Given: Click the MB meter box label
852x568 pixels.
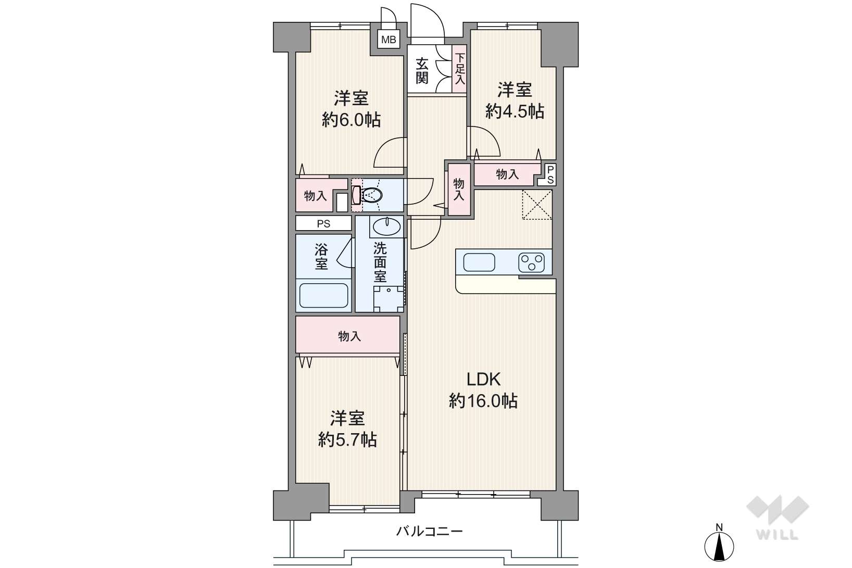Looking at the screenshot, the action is [x=389, y=39].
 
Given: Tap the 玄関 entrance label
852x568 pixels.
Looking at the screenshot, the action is [x=422, y=71].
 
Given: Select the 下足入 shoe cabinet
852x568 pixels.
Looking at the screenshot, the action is [x=459, y=69].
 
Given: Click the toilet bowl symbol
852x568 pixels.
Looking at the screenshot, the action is [x=368, y=195].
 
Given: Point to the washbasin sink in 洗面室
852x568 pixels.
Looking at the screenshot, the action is [x=386, y=227].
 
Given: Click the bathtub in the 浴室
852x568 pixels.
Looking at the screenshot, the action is [x=324, y=295].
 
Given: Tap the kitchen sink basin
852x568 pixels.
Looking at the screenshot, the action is [x=479, y=262].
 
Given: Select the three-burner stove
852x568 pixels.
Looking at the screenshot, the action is [x=531, y=262].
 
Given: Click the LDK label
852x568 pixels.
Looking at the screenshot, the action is [x=483, y=379].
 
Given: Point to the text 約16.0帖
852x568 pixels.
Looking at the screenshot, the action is [x=483, y=401].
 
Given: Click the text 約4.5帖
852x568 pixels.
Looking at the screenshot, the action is [x=515, y=111].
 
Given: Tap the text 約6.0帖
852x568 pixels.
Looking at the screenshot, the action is [x=351, y=120].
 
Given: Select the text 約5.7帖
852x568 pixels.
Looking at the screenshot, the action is [x=348, y=440].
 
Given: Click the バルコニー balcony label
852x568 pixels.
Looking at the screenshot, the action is [x=430, y=531].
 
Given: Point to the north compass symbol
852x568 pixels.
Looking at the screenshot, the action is [x=719, y=546].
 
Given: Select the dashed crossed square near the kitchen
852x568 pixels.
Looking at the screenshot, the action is [x=537, y=205].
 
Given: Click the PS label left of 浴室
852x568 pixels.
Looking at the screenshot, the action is [x=324, y=223].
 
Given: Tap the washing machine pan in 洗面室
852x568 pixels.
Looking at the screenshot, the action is [x=389, y=299].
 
